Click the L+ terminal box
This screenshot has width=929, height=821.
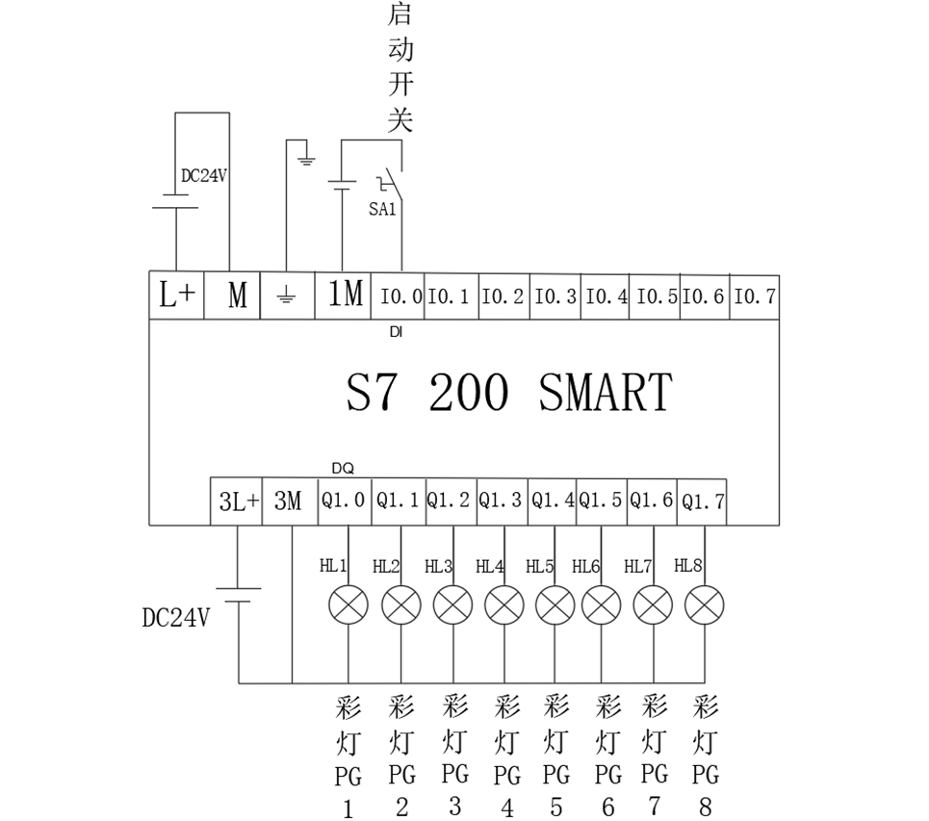click(x=176, y=295)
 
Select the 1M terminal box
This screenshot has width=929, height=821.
click(x=345, y=295)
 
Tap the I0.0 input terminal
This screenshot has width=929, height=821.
click(x=399, y=296)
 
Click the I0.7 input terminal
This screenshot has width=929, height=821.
click(x=754, y=296)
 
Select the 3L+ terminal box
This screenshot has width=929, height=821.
click(x=237, y=501)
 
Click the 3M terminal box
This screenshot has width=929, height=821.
click(x=289, y=501)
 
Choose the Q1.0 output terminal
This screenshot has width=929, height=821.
click(x=344, y=501)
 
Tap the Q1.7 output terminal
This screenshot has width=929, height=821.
click(x=702, y=501)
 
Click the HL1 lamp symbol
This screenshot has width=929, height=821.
click(x=348, y=605)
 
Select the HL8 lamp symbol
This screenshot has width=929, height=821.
click(x=704, y=605)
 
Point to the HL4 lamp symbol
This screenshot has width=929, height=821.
click(x=503, y=605)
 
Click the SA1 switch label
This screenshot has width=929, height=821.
click(x=382, y=209)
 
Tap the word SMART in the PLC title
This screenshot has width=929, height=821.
click(x=605, y=393)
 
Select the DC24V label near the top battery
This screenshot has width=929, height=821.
click(x=203, y=176)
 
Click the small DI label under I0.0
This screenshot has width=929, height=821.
click(x=396, y=332)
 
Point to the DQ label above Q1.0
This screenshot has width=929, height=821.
click(x=343, y=468)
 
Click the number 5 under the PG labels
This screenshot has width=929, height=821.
click(x=556, y=807)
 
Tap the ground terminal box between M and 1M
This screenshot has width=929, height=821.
click(x=286, y=296)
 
